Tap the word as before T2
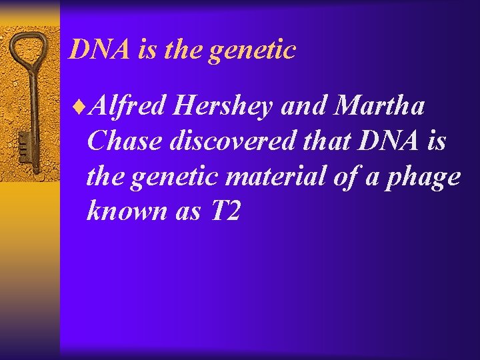tap(187, 211)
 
